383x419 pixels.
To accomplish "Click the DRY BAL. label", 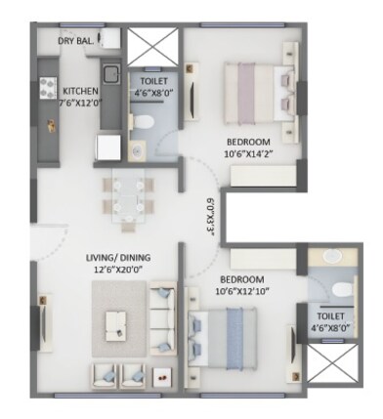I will [x=76, y=41].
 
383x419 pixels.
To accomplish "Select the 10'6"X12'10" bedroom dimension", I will [x=244, y=290].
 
